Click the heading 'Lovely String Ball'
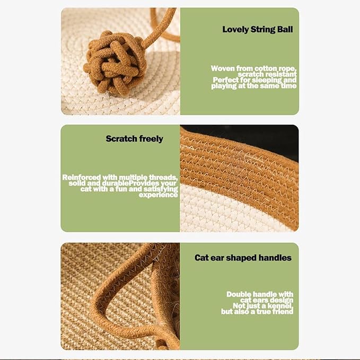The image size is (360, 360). tap(257, 29)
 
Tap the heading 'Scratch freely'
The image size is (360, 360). tap(134, 139)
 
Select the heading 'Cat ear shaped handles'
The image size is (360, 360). tap(243, 258)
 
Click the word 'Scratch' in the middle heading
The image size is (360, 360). tap(121, 139)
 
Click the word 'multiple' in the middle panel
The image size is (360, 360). tap(127, 177)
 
